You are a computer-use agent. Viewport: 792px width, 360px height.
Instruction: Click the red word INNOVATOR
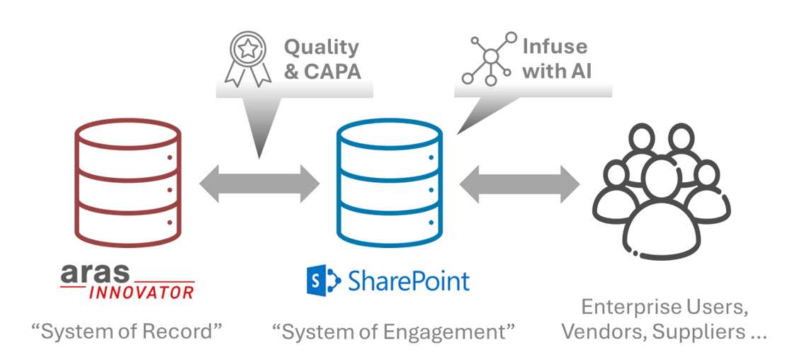[x=142, y=292]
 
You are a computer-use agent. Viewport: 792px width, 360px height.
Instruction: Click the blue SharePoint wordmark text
[x=408, y=281]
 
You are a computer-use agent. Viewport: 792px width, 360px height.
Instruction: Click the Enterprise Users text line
[x=662, y=308]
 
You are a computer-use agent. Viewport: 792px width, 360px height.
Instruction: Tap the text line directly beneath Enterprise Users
[x=662, y=332]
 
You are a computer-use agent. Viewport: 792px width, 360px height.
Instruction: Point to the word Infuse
[x=555, y=51]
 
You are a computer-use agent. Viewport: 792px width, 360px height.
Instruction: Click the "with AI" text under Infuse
[x=555, y=70]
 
